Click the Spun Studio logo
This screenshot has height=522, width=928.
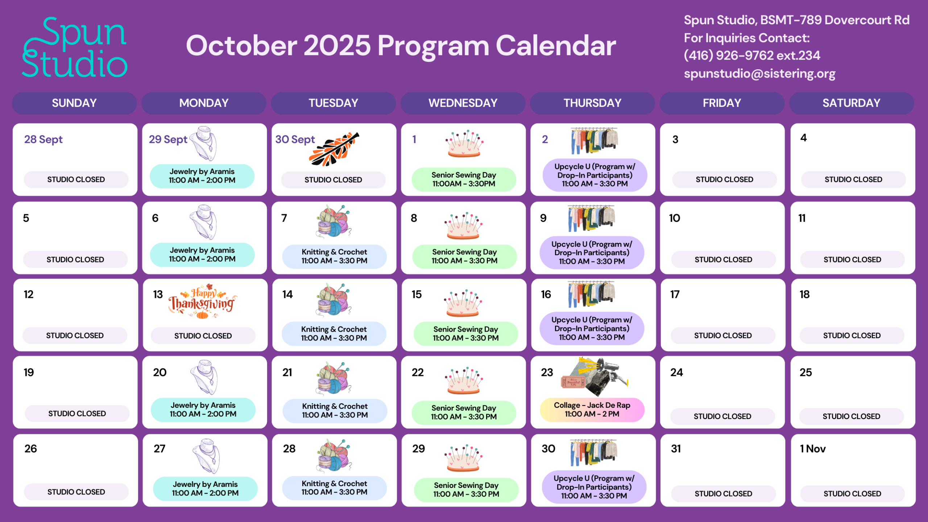(x=75, y=47)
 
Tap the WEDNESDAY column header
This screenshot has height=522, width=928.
(x=463, y=103)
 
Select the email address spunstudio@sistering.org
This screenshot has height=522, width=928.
(x=759, y=74)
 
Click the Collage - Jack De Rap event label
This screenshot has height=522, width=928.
(x=592, y=410)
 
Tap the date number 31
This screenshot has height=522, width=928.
(x=676, y=449)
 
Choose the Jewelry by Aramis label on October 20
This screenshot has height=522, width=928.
(x=203, y=410)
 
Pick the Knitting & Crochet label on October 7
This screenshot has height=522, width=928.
(x=334, y=256)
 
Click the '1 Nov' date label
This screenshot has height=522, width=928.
(x=813, y=449)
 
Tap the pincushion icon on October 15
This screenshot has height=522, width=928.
(x=463, y=303)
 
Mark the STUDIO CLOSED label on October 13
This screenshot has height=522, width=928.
(x=203, y=336)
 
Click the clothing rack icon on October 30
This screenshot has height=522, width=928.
(x=593, y=453)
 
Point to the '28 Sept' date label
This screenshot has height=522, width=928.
(x=43, y=140)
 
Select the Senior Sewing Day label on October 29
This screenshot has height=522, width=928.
(x=466, y=490)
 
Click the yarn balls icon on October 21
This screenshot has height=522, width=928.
(x=334, y=378)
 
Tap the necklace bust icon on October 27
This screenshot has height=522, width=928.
(x=206, y=456)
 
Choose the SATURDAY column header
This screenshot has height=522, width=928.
(x=852, y=103)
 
